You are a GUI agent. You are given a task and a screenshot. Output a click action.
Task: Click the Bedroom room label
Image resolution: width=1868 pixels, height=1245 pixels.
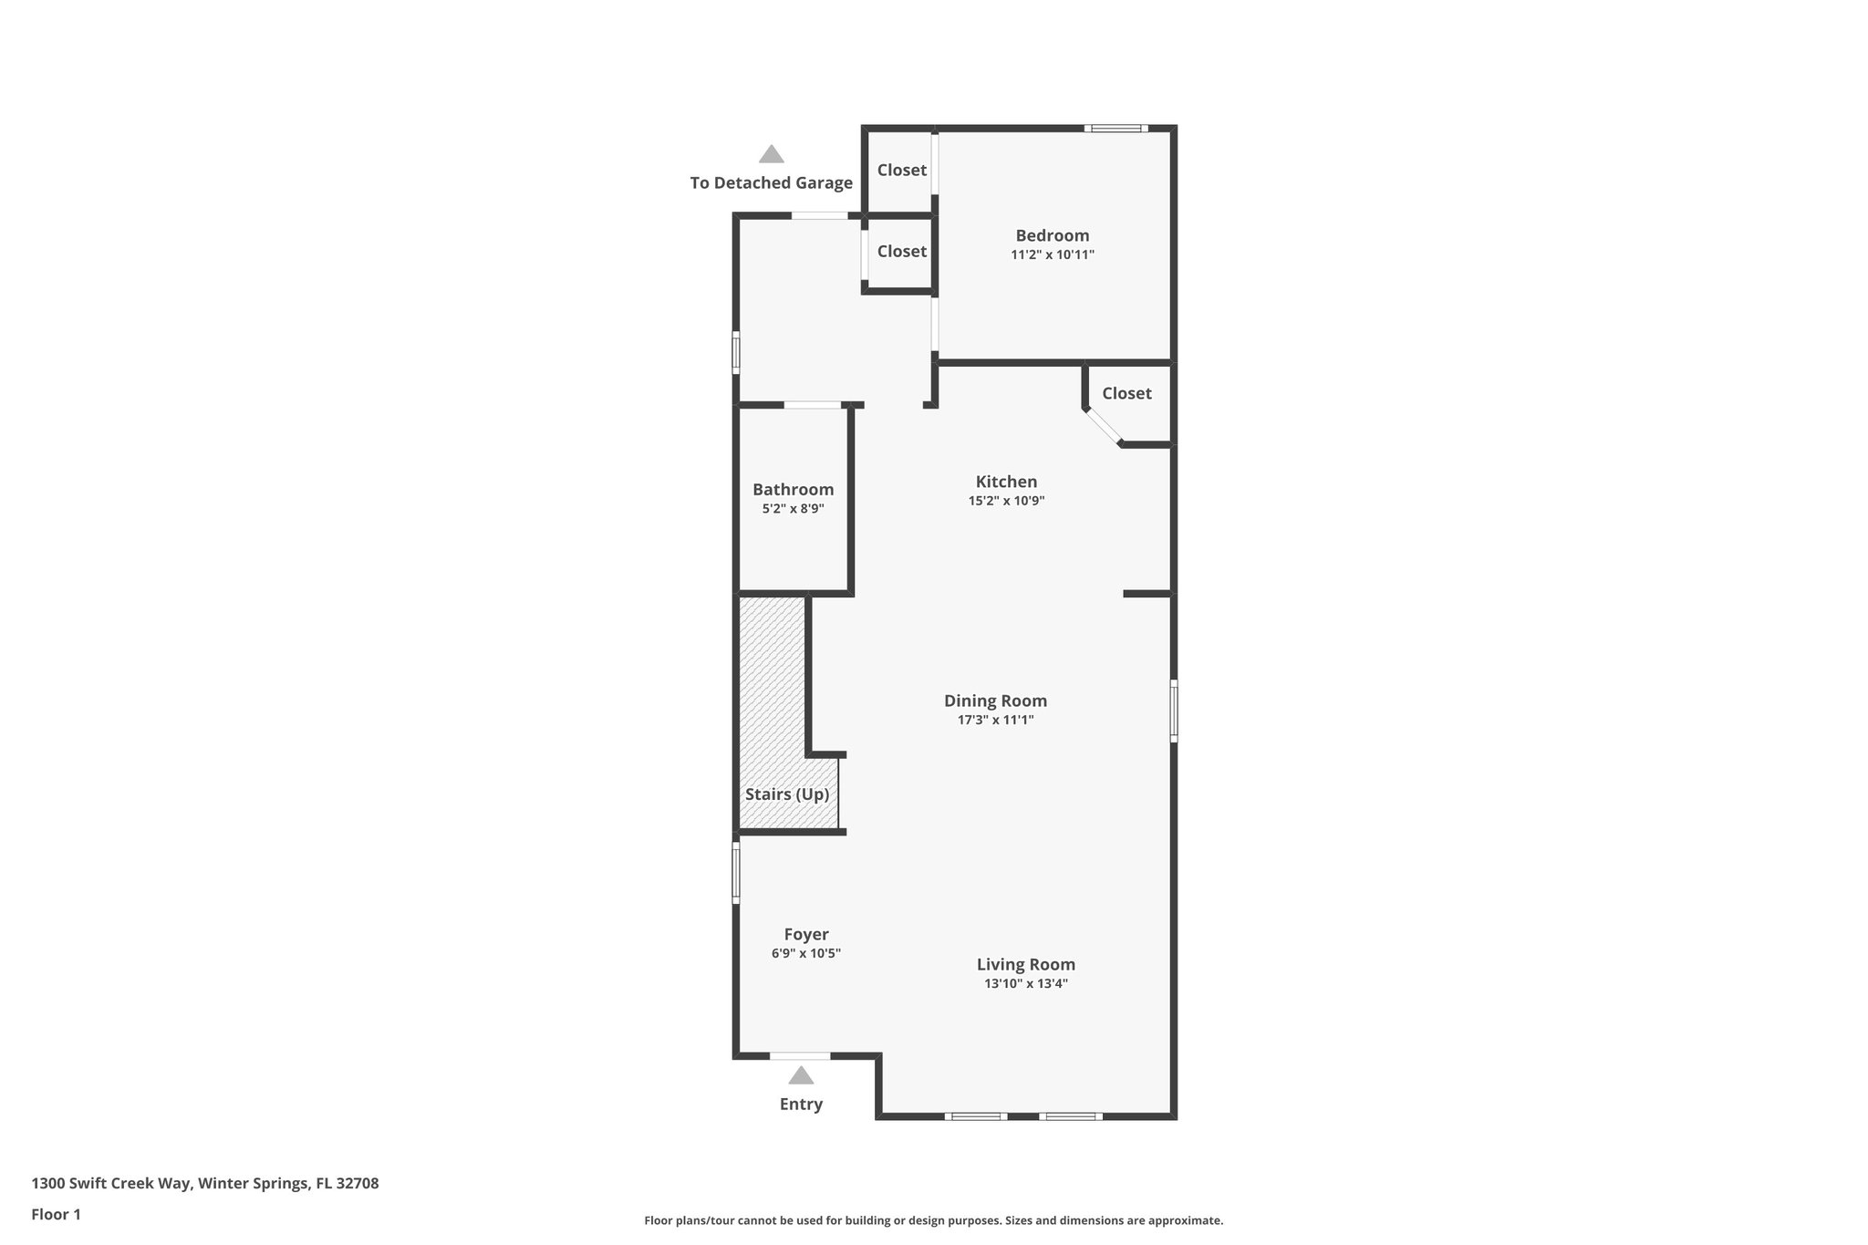pyautogui.click(x=1052, y=235)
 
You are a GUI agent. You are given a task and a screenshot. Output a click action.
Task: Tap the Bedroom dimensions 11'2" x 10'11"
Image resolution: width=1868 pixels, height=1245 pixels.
pyautogui.click(x=1052, y=255)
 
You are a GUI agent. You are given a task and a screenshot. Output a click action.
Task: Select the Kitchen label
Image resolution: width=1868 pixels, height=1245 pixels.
pyautogui.click(x=1006, y=482)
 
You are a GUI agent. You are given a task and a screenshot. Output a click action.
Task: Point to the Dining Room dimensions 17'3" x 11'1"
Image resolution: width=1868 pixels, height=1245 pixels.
pyautogui.click(x=994, y=720)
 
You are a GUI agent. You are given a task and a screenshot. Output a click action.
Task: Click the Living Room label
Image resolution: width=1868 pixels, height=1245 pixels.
pyautogui.click(x=1025, y=964)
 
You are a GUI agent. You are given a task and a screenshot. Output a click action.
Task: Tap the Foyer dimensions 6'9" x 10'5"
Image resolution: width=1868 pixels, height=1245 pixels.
pyautogui.click(x=805, y=953)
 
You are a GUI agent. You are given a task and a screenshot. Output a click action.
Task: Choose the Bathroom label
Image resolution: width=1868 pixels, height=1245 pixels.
pyautogui.click(x=793, y=490)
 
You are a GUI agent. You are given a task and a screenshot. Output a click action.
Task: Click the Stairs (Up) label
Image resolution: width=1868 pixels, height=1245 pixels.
pyautogui.click(x=786, y=794)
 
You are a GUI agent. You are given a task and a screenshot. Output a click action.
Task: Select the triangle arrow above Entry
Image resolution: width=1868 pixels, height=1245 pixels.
pyautogui.click(x=801, y=1075)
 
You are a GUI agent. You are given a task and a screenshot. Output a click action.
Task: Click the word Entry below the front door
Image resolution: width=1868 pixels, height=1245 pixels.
pyautogui.click(x=801, y=1104)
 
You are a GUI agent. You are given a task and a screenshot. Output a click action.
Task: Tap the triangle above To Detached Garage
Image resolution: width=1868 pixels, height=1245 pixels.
pyautogui.click(x=772, y=154)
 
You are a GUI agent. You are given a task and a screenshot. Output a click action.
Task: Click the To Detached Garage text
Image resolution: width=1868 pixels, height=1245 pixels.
pyautogui.click(x=771, y=182)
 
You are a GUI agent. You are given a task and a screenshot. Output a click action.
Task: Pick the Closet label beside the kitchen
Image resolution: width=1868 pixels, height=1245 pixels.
pyautogui.click(x=1126, y=393)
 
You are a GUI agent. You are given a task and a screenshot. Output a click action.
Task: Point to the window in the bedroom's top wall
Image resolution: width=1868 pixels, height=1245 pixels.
pyautogui.click(x=1116, y=129)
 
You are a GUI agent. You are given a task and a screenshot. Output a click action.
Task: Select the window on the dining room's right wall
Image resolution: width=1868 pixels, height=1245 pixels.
pyautogui.click(x=1174, y=711)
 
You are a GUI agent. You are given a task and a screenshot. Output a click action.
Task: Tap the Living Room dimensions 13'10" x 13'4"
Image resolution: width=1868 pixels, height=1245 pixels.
pyautogui.click(x=1025, y=983)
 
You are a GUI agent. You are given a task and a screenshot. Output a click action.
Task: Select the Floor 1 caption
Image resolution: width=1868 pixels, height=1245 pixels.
pyautogui.click(x=56, y=1214)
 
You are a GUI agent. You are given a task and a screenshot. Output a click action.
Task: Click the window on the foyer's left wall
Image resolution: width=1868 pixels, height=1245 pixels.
pyautogui.click(x=736, y=872)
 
